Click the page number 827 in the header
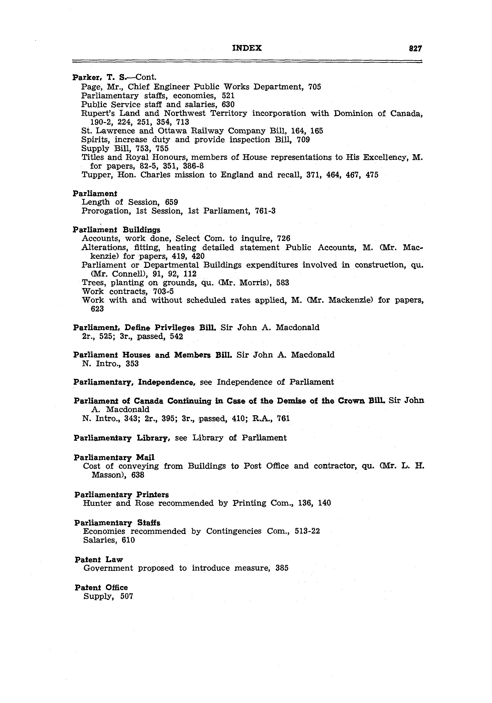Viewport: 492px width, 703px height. pyautogui.click(x=415, y=48)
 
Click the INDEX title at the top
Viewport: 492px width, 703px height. pyautogui.click(x=247, y=48)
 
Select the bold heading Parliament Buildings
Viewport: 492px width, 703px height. pyautogui.click(x=116, y=230)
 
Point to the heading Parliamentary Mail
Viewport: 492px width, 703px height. pyautogui.click(x=114, y=457)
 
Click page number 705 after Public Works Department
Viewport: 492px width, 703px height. pyautogui.click(x=314, y=87)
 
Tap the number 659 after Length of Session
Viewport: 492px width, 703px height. pyautogui.click(x=171, y=202)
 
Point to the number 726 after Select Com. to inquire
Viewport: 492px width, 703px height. pyautogui.click(x=283, y=238)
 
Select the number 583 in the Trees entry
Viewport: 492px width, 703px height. pyautogui.click(x=283, y=283)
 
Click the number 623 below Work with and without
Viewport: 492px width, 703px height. pyautogui.click(x=97, y=309)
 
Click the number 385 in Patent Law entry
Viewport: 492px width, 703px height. pyautogui.click(x=282, y=568)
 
